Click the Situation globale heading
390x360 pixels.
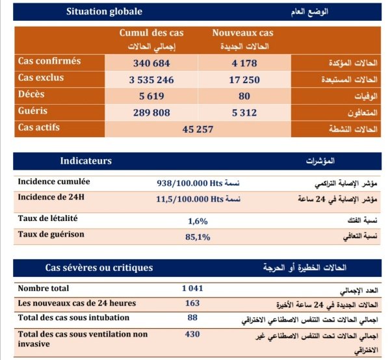click(104, 12)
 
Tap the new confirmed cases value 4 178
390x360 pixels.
click(244, 63)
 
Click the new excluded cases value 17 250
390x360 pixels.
click(244, 80)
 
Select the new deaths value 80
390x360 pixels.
click(244, 97)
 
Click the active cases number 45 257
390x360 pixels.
click(198, 129)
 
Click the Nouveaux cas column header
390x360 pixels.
click(243, 33)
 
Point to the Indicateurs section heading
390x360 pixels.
click(86, 161)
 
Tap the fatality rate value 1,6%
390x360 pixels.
click(198, 221)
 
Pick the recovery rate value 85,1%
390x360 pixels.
click(198, 237)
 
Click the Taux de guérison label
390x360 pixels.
click(51, 234)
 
